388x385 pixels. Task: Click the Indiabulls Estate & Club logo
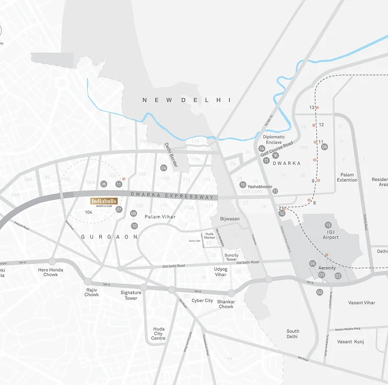click(x=104, y=202)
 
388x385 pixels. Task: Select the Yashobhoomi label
click(x=260, y=186)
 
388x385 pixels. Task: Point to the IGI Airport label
click(x=331, y=234)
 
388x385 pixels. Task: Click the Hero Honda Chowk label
click(x=51, y=272)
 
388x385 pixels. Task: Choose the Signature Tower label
click(x=131, y=295)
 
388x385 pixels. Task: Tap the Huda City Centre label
click(x=158, y=334)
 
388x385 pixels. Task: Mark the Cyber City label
click(x=202, y=300)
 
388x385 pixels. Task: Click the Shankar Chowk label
click(x=226, y=304)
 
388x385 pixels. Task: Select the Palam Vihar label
click(x=159, y=216)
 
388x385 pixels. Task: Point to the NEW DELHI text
click(x=186, y=100)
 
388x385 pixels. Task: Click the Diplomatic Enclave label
click(x=274, y=139)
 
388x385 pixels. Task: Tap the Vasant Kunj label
click(x=351, y=342)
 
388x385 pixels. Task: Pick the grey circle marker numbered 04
click(x=163, y=168)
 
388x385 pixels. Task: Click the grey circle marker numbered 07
click(x=119, y=210)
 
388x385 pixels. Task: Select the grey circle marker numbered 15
click(x=242, y=185)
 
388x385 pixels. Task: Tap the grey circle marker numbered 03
click(x=320, y=292)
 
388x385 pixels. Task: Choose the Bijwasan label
click(x=230, y=219)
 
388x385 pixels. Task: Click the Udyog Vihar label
click(x=221, y=272)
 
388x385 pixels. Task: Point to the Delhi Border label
click(x=171, y=155)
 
